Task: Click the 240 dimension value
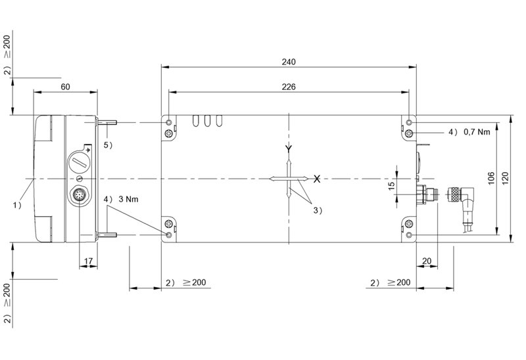289,62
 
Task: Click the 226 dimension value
289,87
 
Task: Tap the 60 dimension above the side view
65,87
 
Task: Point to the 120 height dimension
505,178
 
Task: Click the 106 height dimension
490,178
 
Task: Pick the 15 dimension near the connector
392,186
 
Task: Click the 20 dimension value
427,261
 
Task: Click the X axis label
317,179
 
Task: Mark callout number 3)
317,210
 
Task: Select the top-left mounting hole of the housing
170,124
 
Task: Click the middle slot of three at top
208,121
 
